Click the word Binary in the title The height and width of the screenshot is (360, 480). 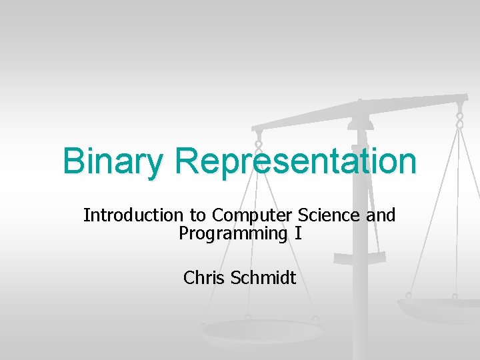click(113, 161)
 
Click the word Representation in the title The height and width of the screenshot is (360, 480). click(297, 161)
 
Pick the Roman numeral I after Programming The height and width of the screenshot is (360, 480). click(298, 234)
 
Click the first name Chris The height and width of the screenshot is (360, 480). click(204, 277)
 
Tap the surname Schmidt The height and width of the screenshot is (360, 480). click(263, 277)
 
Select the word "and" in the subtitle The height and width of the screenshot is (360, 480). click(381, 215)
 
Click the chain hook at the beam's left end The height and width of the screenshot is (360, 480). click(259, 142)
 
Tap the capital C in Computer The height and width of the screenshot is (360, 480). click(218, 215)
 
